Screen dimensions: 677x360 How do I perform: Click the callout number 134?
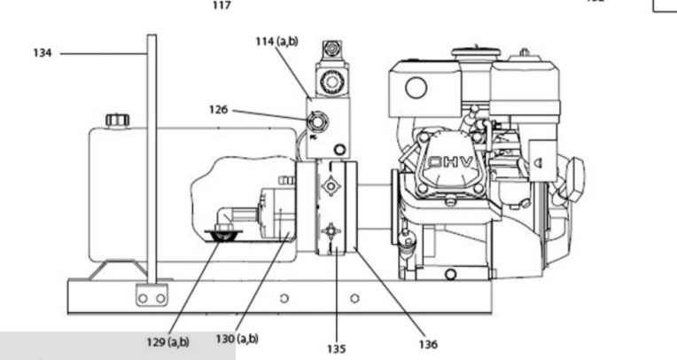[43, 53]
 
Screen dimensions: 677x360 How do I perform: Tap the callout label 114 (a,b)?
[276, 42]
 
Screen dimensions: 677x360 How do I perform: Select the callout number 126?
[219, 110]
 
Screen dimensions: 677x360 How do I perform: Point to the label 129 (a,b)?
[168, 342]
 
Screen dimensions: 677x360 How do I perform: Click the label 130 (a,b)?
[237, 339]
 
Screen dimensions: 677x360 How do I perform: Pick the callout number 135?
[337, 348]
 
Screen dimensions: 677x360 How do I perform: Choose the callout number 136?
[428, 344]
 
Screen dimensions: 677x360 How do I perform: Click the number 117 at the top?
[222, 5]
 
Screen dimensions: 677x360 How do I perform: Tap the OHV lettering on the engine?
[451, 162]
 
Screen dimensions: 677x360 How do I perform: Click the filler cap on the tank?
[118, 120]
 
